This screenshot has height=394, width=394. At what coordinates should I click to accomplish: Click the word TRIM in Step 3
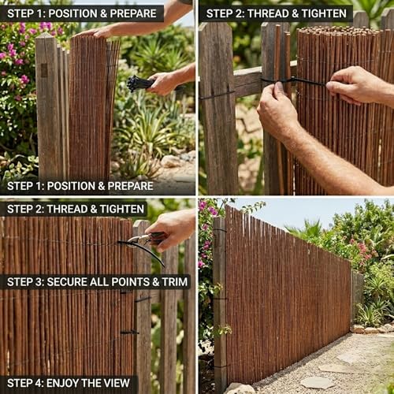click(175, 282)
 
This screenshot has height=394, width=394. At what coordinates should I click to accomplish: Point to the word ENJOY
click(62, 383)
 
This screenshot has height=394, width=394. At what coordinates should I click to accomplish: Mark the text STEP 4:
click(25, 383)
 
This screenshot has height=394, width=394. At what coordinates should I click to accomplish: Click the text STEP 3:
click(25, 282)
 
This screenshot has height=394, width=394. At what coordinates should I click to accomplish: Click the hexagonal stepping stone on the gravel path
click(318, 382)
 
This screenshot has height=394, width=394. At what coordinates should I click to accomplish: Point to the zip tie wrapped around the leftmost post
click(217, 95)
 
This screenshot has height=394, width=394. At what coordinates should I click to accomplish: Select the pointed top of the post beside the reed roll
click(45, 35)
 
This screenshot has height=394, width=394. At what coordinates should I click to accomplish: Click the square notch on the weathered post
click(44, 70)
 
